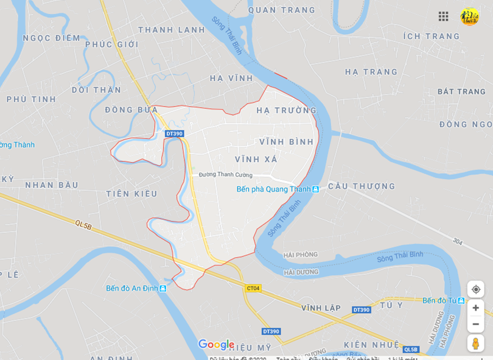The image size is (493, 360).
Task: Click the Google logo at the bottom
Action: click(216, 345)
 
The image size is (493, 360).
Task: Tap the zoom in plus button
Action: click(475, 308)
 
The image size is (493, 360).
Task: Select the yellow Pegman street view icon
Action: click(475, 343)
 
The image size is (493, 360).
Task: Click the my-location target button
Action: click(475, 289)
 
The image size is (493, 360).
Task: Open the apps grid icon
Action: click(443, 16)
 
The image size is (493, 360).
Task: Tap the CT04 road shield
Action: click(253, 288)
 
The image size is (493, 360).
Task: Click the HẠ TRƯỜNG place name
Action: click(286, 110)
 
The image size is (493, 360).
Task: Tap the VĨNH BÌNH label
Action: click(286, 142)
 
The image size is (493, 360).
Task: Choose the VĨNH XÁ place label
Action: click(256, 159)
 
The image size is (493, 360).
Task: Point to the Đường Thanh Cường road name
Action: click(225, 175)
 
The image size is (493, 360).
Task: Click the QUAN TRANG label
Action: click(282, 10)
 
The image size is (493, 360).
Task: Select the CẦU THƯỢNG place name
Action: click(362, 186)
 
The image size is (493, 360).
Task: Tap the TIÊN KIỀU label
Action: click(131, 194)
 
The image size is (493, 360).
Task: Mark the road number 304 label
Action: click(458, 242)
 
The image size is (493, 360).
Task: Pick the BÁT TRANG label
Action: click(461, 91)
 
